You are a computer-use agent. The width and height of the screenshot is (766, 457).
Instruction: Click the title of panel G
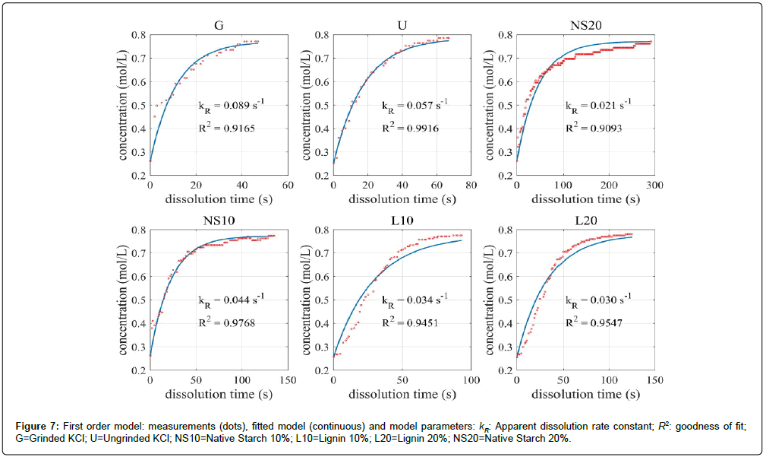[218, 25]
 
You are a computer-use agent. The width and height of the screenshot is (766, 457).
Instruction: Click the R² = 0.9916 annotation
[408, 128]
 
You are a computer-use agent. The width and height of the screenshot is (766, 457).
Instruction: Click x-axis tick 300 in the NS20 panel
[654, 185]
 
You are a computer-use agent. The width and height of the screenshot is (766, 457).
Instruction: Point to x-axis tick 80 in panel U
[471, 185]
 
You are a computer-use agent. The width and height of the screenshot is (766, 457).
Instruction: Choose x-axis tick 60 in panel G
[287, 185]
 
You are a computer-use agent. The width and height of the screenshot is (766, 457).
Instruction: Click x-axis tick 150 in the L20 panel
[654, 379]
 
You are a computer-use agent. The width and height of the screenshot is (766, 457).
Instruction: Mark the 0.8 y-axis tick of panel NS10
[140, 230]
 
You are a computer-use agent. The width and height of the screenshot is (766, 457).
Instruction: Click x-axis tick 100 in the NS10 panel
[241, 379]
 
